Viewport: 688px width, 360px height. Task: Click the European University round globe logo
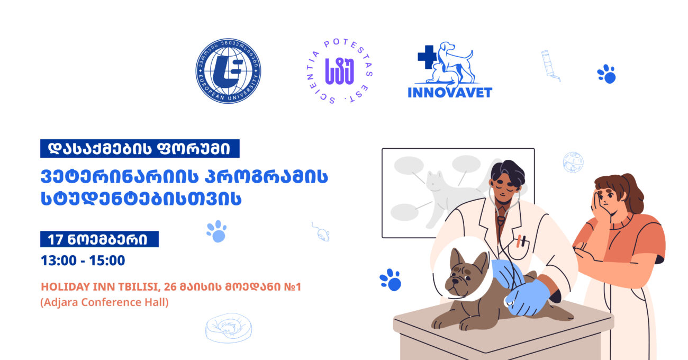pos(228,71)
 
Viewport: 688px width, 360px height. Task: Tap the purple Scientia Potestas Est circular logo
pos(340,71)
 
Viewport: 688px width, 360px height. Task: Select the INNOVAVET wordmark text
pos(450,92)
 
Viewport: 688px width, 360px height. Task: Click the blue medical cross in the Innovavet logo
pos(427,57)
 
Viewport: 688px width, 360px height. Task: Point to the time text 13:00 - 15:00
pos(83,261)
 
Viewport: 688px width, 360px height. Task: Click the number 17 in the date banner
pos(55,240)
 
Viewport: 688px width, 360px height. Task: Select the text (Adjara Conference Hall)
pos(104,304)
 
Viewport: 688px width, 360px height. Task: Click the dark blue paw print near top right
pos(606,74)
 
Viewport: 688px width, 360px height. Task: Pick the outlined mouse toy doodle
pos(321,231)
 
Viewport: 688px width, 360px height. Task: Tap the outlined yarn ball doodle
pos(573,161)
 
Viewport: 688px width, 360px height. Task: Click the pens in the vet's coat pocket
pos(522,241)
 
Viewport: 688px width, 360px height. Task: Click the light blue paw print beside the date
pos(216,231)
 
